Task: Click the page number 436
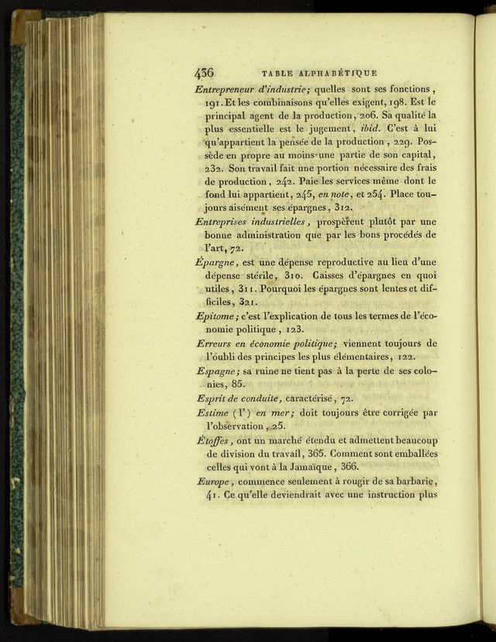point(204,74)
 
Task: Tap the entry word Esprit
point(212,398)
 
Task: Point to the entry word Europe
point(215,481)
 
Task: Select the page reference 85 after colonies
point(238,384)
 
